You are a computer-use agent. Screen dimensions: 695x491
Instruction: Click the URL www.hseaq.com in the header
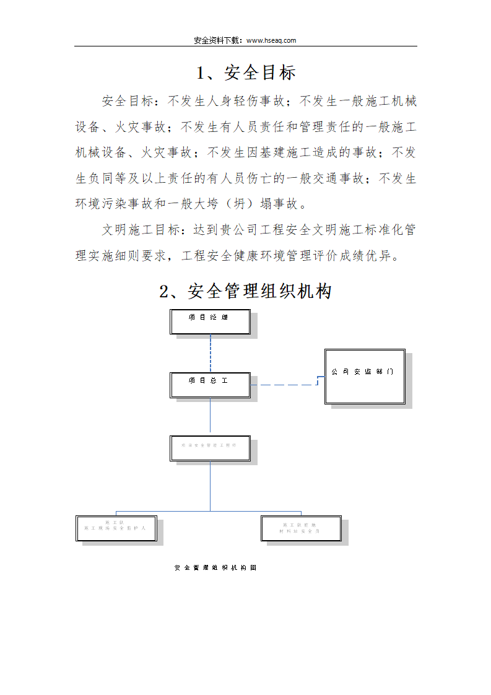271,40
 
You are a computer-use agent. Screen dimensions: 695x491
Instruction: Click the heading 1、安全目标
246,73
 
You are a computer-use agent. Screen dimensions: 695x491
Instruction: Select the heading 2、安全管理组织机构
246,291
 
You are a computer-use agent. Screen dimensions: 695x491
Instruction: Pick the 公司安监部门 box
365,377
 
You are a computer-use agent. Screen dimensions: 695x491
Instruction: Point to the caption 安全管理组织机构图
215,567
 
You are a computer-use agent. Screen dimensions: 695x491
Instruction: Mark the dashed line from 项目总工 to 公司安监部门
286,385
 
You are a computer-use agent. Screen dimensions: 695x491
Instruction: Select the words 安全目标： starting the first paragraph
130,100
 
